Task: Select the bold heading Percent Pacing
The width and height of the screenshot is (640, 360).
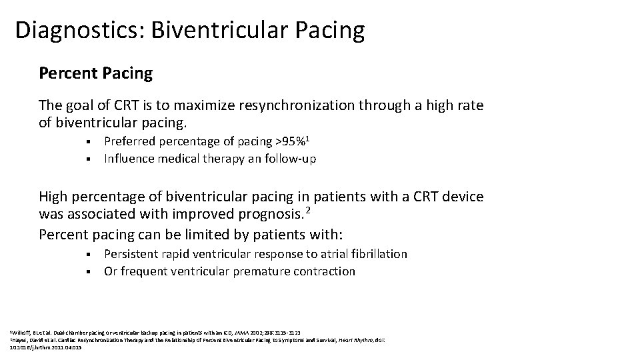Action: [95, 73]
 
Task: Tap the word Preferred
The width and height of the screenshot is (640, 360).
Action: [130, 141]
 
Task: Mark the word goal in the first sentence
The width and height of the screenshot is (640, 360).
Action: [79, 106]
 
